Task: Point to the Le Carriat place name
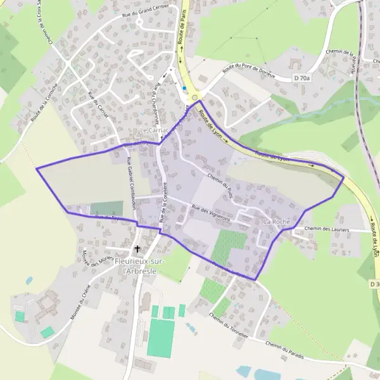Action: (153, 130)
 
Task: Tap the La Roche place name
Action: (276, 222)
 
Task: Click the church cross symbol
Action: (137, 250)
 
